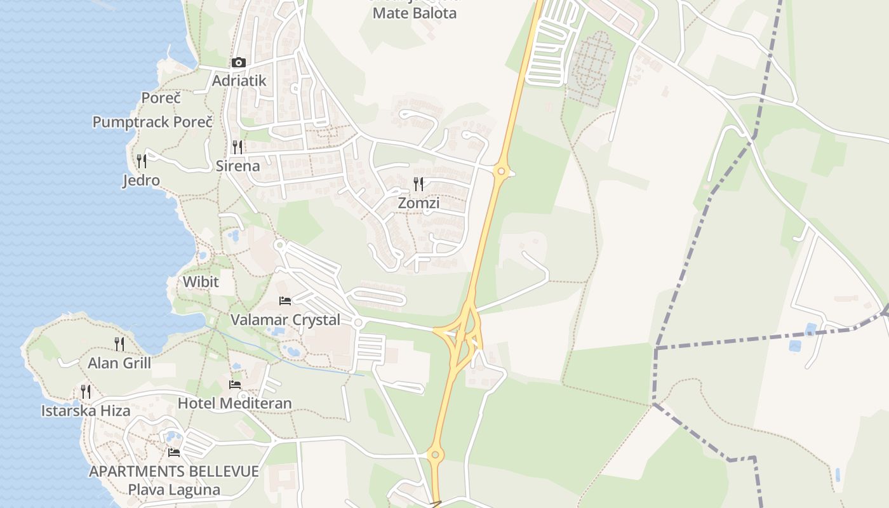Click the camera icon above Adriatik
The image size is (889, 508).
239,62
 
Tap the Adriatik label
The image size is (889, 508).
239,81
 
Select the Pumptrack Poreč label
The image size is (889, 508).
152,122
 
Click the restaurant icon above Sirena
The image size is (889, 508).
237,147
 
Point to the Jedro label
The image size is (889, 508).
141,180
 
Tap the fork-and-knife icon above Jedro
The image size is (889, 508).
141,161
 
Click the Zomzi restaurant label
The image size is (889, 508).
418,203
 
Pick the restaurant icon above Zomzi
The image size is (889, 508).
418,184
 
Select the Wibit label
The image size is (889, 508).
201,282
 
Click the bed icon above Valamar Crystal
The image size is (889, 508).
285,300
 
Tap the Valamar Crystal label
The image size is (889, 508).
285,320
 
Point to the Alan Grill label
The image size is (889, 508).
119,363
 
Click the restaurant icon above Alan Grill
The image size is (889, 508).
119,344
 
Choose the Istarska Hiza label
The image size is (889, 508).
86,411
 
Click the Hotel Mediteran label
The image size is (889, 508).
235,403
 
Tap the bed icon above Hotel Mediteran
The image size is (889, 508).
235,384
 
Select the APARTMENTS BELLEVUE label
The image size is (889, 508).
174,472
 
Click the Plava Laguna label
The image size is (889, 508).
174,490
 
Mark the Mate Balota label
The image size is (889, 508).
414,13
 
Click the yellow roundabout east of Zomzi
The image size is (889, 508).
502,171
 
